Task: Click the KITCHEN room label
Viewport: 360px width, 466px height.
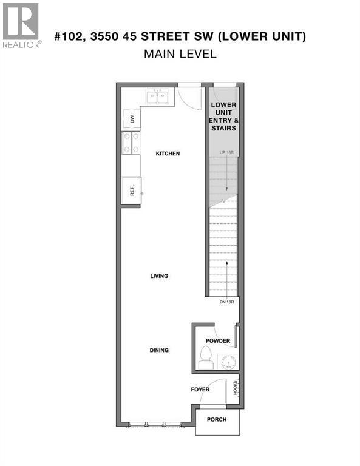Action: [x=168, y=154]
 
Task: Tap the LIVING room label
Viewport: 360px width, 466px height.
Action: [x=159, y=276]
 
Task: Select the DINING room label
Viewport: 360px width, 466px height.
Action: [x=159, y=350]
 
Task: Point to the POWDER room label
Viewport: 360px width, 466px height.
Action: [x=218, y=341]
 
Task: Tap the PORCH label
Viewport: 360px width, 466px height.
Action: [x=217, y=419]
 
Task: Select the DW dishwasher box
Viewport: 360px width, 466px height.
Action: [x=131, y=119]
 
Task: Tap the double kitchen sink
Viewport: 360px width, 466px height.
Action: [x=157, y=96]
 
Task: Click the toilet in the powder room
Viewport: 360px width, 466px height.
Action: [x=205, y=359]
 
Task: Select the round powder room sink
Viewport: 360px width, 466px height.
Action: [x=227, y=362]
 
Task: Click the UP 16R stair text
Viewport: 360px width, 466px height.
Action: [x=224, y=151]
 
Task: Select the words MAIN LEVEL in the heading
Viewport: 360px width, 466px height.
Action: [x=180, y=54]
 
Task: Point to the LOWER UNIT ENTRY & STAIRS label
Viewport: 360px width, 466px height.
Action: [x=223, y=116]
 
